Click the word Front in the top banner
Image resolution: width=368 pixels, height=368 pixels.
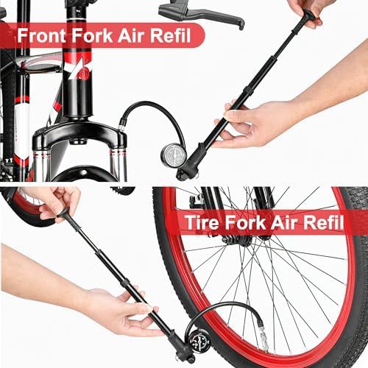(41, 36)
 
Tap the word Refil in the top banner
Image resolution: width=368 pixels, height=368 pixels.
(171, 36)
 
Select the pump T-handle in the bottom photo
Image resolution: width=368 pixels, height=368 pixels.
(63, 213)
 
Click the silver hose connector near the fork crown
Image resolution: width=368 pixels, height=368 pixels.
(121, 128)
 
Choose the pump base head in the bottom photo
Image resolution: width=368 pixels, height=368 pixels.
(178, 348)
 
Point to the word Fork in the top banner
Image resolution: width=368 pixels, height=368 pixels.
(91, 36)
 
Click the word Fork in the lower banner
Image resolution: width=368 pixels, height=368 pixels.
(245, 222)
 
